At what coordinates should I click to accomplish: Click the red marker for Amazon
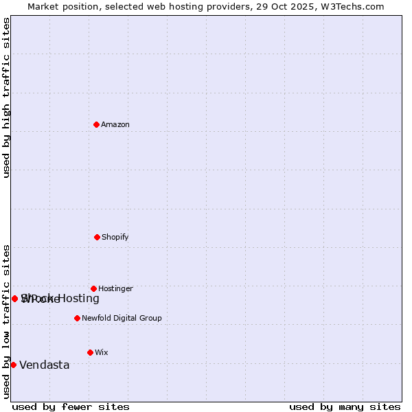coord(97,124)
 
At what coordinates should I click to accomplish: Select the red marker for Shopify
coord(97,237)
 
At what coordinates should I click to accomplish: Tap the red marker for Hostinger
coord(93,288)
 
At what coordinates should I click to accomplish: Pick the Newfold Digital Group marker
coord(77,318)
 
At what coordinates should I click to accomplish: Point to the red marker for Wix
coord(90,352)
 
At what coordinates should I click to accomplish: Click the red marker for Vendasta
coord(13,365)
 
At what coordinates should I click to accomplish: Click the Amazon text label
coord(115,124)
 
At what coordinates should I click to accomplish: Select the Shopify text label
coord(115,237)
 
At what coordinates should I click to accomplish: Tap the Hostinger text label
coord(115,288)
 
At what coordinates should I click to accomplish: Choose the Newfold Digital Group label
coord(122,318)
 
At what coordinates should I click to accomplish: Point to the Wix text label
coord(102,352)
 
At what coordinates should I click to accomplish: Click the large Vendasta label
coord(45,365)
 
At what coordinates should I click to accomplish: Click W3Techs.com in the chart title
coord(351,6)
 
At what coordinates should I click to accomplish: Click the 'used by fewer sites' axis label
coord(71,407)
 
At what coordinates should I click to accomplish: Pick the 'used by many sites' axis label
coord(345,407)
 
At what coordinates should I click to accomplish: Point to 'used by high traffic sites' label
coord(6,98)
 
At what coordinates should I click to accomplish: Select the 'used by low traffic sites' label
coord(6,321)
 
